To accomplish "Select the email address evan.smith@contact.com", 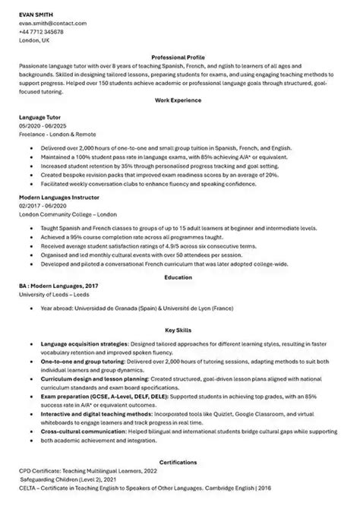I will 53,24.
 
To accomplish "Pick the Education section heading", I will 179,277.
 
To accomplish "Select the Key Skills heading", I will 179,330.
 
